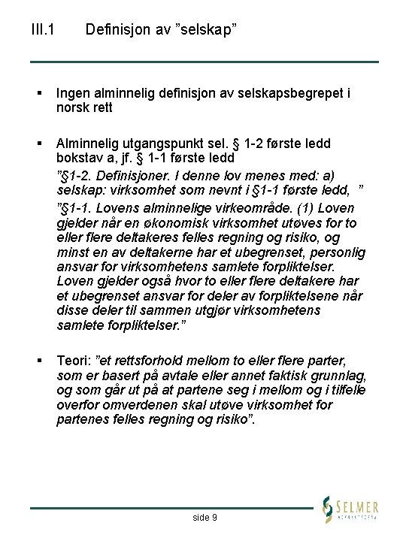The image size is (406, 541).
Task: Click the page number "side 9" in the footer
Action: pyautogui.click(x=205, y=517)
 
